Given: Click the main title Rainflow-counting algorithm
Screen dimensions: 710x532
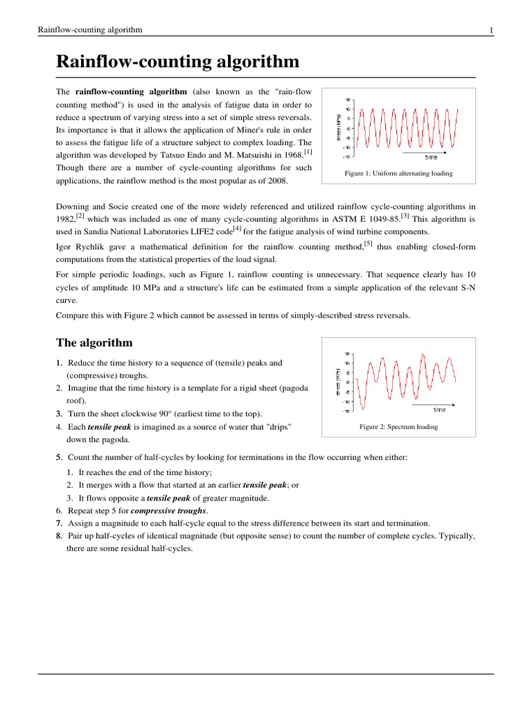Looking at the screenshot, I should point(177,62).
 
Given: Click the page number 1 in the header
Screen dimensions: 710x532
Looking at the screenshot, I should point(491,30).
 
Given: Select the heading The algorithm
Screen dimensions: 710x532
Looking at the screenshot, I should point(94,343).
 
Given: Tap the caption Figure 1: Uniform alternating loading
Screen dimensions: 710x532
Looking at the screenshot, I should point(398,173).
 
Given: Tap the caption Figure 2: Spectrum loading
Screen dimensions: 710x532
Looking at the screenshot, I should point(398,426).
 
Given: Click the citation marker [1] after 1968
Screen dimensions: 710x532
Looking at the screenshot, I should point(308,152).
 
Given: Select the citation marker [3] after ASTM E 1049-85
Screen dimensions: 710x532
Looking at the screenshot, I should point(405,216).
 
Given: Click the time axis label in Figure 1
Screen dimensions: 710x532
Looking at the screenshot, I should point(431,157).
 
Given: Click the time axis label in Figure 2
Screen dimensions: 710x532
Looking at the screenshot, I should point(439,409).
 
